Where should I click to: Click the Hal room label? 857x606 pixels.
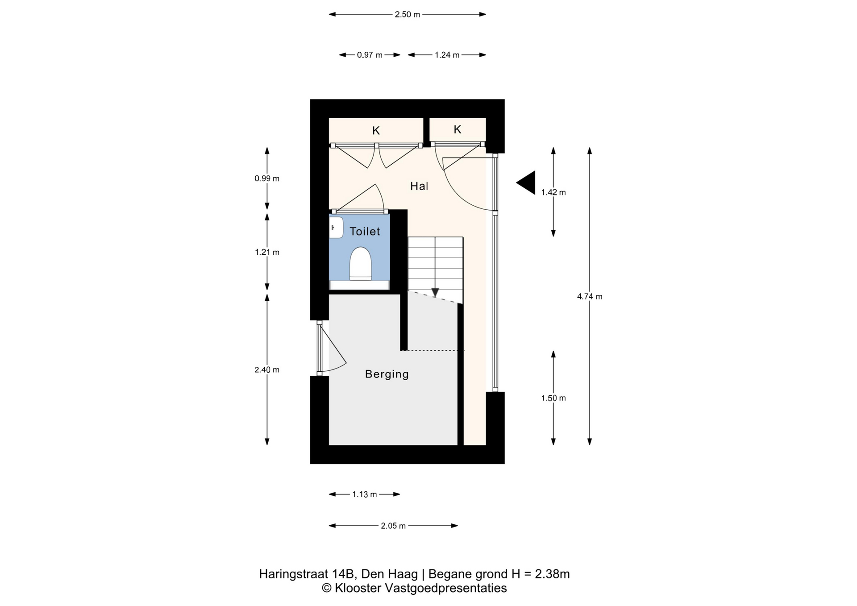(419, 186)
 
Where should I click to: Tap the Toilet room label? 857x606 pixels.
(365, 231)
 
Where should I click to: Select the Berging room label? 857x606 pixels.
(387, 374)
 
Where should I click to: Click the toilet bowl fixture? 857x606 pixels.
(361, 264)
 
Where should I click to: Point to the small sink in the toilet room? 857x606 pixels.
(336, 228)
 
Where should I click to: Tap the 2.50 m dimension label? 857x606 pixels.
(407, 15)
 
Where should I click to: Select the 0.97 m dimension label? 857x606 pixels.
(370, 55)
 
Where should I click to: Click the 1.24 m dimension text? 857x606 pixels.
(447, 55)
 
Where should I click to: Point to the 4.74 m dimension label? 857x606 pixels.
(590, 296)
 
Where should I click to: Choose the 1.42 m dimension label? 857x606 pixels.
(553, 192)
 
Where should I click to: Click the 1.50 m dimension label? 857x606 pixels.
(553, 398)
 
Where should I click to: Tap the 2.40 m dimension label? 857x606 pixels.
(267, 369)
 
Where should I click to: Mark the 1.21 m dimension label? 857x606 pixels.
(267, 252)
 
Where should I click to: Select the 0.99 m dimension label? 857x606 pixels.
(267, 178)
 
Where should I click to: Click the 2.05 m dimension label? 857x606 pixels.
(393, 526)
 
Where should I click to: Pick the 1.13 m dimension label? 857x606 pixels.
(365, 494)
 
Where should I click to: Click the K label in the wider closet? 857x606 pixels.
(376, 131)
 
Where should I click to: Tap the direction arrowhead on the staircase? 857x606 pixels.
(435, 293)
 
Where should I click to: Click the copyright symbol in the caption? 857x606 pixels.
(327, 588)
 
